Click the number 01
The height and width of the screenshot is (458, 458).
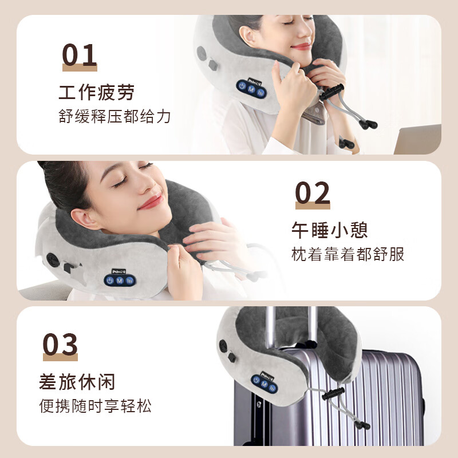tap(80, 56)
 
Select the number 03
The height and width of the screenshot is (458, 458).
tap(60, 345)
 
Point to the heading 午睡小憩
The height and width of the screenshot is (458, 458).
tap(329, 230)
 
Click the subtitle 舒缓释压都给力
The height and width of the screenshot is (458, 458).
tap(114, 117)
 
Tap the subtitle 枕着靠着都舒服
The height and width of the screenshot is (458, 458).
tap(348, 255)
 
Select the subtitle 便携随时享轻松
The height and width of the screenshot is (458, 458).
tap(96, 406)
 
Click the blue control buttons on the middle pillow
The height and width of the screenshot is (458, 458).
tap(119, 281)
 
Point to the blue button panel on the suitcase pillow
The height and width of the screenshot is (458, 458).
tap(264, 385)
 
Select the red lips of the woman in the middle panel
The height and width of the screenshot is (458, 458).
tap(150, 202)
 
